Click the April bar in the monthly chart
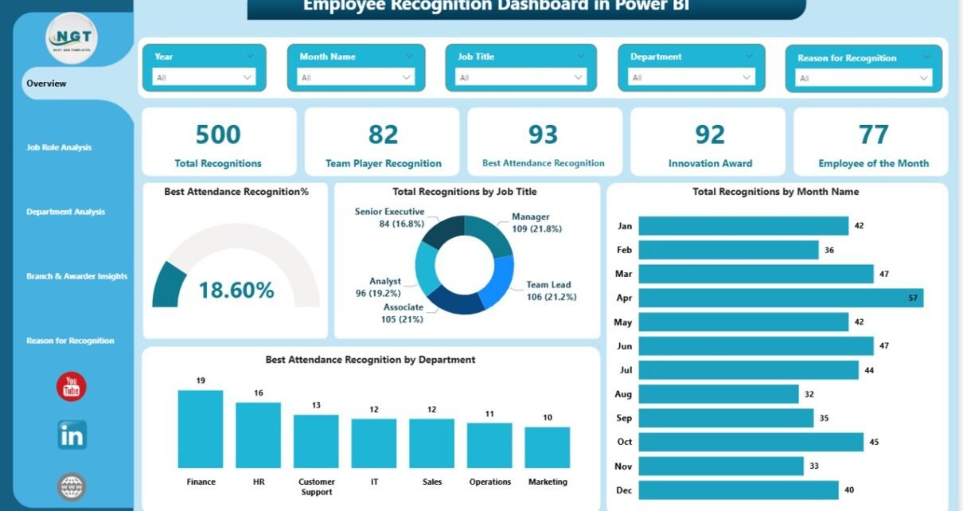(x=780, y=298)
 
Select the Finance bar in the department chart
(x=201, y=429)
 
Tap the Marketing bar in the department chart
(x=548, y=447)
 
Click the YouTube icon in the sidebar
(x=72, y=387)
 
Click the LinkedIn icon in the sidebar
(x=72, y=435)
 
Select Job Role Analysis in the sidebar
(x=59, y=147)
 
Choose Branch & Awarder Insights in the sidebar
(x=76, y=276)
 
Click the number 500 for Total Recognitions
(x=218, y=135)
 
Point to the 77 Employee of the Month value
(x=873, y=135)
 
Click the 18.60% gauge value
(x=236, y=291)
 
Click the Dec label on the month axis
(x=624, y=490)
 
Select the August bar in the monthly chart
(x=718, y=394)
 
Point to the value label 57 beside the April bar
(x=912, y=298)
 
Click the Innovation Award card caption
(x=709, y=163)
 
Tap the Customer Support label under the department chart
(x=316, y=486)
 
